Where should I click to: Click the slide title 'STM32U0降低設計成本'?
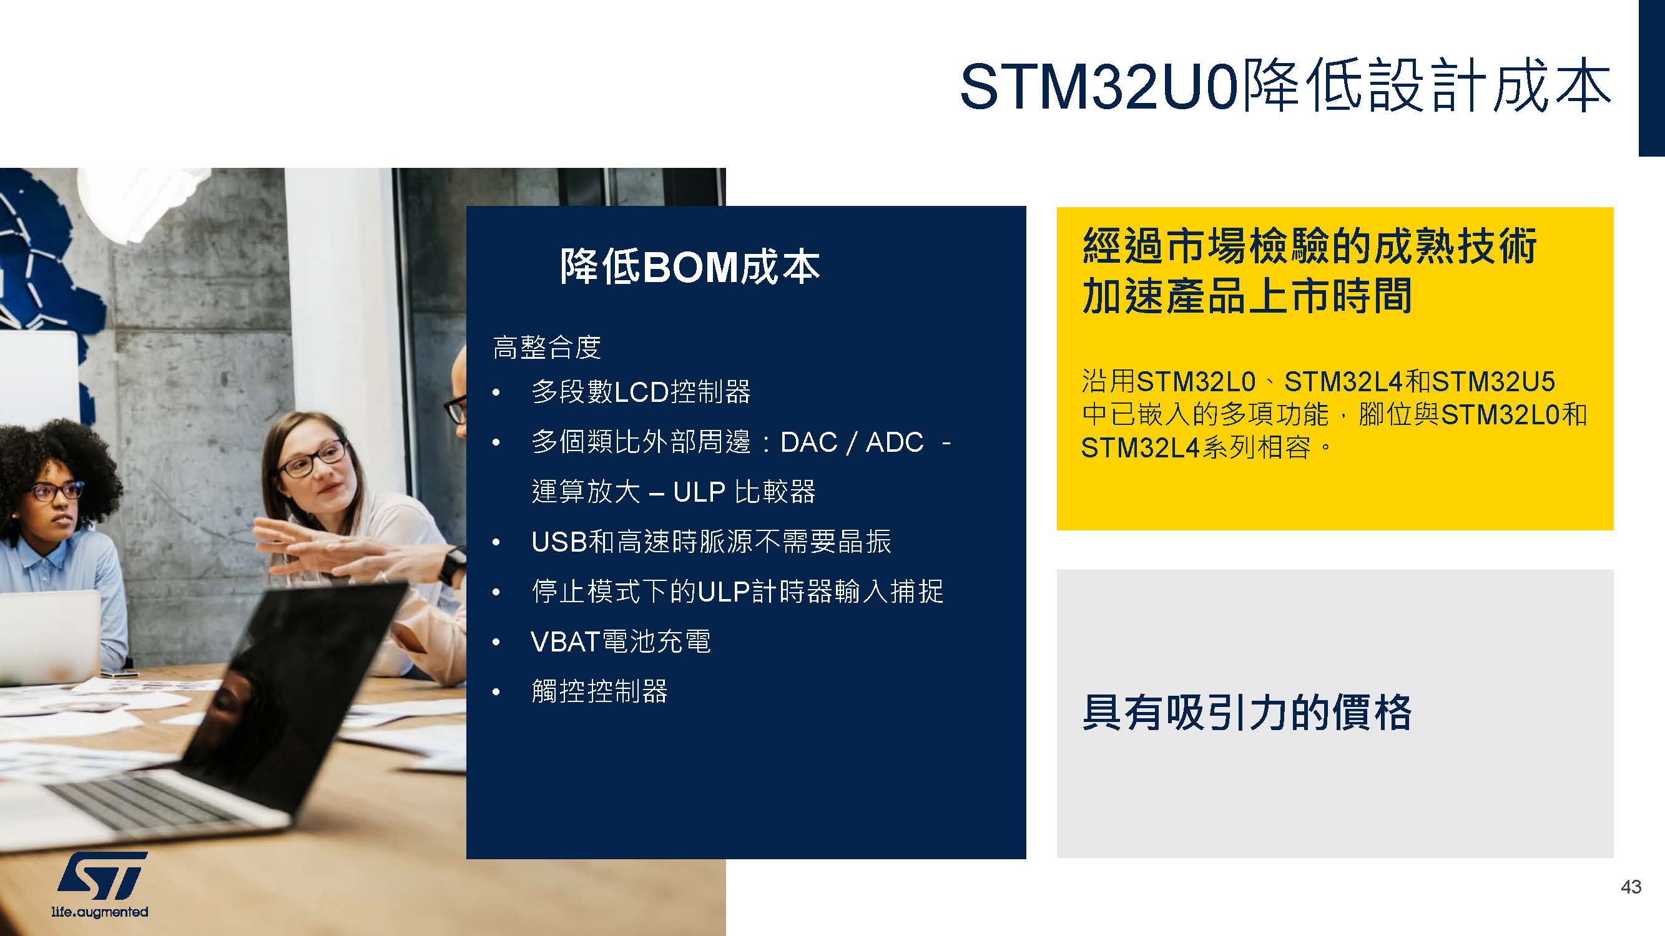point(1285,87)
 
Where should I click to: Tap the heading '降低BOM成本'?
point(690,267)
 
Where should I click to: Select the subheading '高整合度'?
point(547,348)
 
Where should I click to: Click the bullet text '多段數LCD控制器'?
point(641,391)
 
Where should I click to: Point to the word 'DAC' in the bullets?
point(808,442)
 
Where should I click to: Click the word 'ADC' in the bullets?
point(895,442)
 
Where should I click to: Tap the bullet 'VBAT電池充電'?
point(621,641)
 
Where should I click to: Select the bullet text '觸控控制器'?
point(599,691)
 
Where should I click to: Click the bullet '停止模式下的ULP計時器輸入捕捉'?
point(737,591)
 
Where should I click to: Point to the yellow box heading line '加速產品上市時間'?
point(1247,296)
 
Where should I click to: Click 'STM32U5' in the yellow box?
point(1493,382)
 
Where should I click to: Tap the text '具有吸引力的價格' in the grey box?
point(1247,713)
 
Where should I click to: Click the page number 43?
point(1631,887)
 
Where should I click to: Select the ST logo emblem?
point(102,875)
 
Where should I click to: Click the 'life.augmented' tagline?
point(99,912)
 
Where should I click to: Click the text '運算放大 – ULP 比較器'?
point(674,492)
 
